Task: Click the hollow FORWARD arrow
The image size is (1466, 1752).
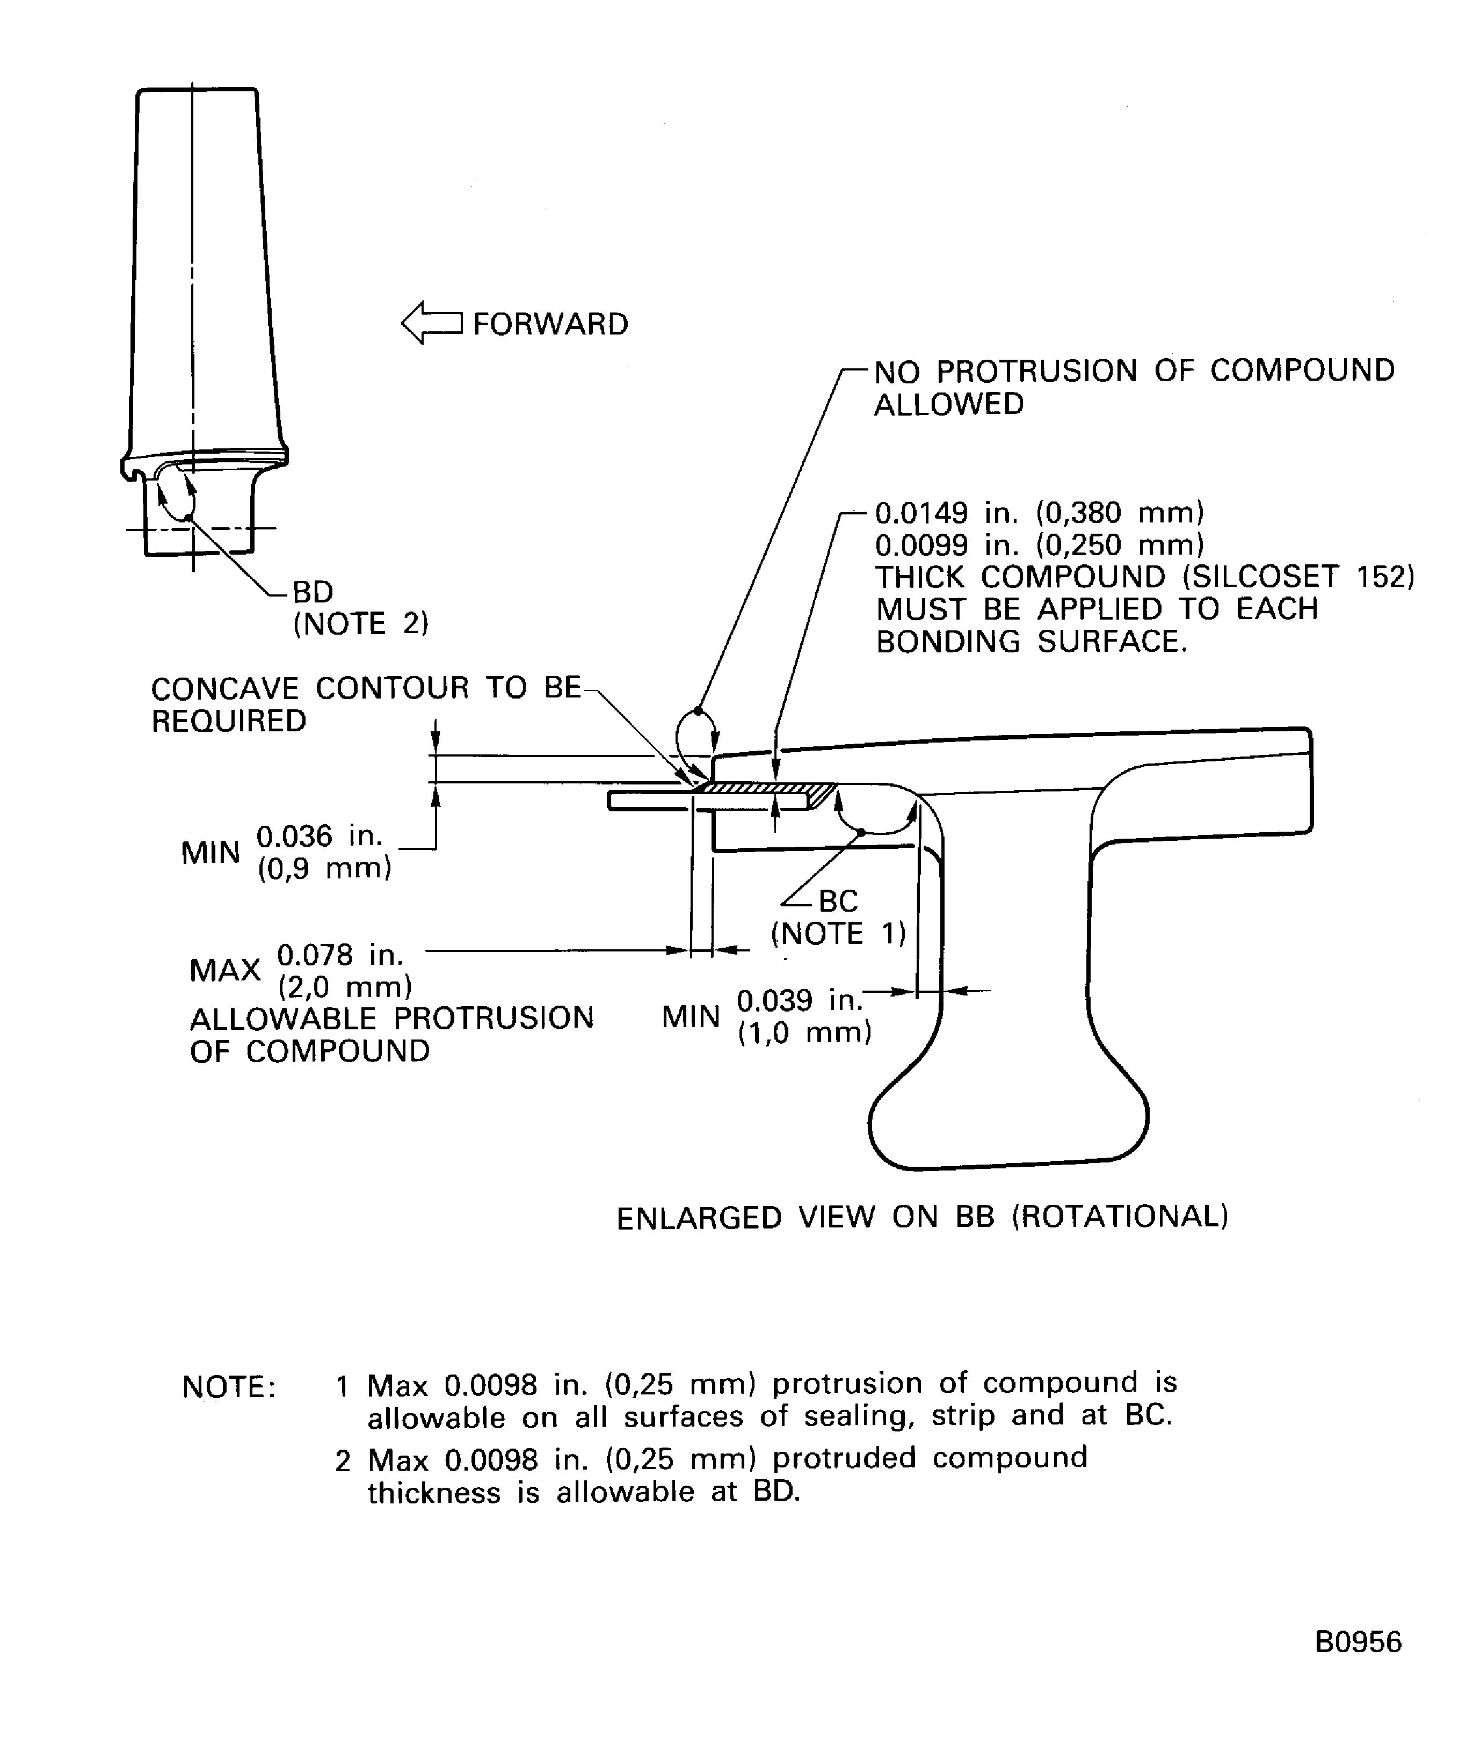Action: click(x=431, y=323)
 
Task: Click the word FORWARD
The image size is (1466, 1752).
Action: click(x=550, y=324)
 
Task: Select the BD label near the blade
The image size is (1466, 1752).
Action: click(x=313, y=592)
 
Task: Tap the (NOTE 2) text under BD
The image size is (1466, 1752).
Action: click(x=360, y=623)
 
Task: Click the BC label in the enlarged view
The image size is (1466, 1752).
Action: click(x=838, y=901)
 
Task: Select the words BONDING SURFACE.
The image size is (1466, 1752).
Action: click(x=1031, y=642)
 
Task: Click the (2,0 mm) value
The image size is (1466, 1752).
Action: click(x=345, y=987)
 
